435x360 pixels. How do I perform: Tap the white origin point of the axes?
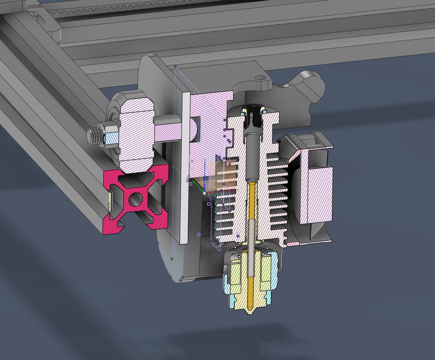click(204, 193)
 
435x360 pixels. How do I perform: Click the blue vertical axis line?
click(206, 174)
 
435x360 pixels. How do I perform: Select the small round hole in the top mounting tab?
click(260, 78)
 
